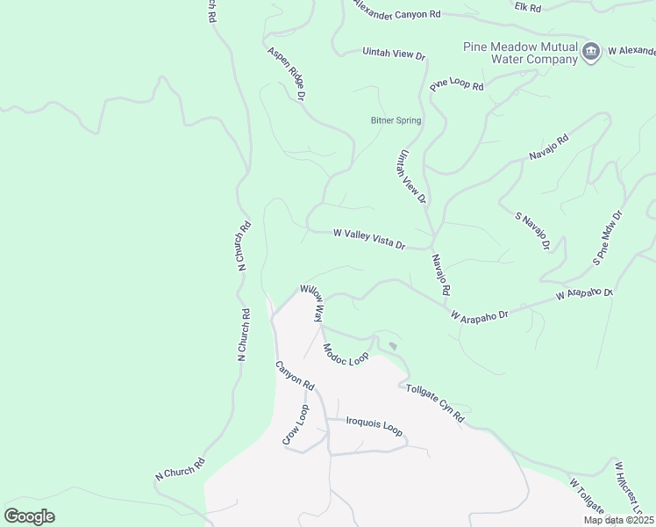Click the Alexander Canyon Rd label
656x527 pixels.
396,12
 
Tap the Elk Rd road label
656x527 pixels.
528,7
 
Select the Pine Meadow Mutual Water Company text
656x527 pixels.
521,53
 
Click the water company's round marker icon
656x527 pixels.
591,52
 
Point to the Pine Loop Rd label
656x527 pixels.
457,84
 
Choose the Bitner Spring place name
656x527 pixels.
396,120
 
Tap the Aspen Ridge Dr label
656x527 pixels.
286,74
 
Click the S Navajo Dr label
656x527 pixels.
531,231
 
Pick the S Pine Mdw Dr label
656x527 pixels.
607,237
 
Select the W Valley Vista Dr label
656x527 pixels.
368,239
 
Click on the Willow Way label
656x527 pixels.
313,302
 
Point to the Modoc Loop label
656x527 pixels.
346,355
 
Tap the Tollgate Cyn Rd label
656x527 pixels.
434,403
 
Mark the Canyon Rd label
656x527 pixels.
295,375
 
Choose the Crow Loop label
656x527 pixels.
296,425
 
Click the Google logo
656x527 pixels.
29,516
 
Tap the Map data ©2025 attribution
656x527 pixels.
618,520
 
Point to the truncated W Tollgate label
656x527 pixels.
587,497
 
